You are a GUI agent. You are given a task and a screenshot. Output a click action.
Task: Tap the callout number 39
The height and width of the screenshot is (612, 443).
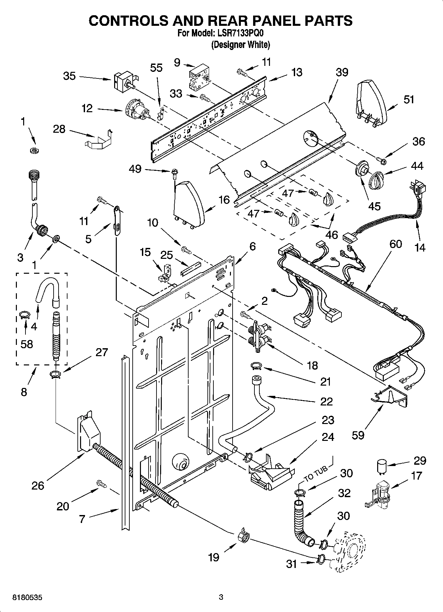[x=342, y=72]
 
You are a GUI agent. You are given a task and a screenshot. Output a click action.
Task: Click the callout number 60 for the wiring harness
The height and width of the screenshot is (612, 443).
[x=395, y=244]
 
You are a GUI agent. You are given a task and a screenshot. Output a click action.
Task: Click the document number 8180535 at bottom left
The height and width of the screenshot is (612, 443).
[x=27, y=597]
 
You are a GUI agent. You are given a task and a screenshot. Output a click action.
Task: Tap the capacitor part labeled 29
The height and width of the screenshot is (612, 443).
[x=382, y=466]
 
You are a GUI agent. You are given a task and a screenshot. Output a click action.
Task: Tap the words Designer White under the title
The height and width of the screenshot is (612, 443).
[x=240, y=45]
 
